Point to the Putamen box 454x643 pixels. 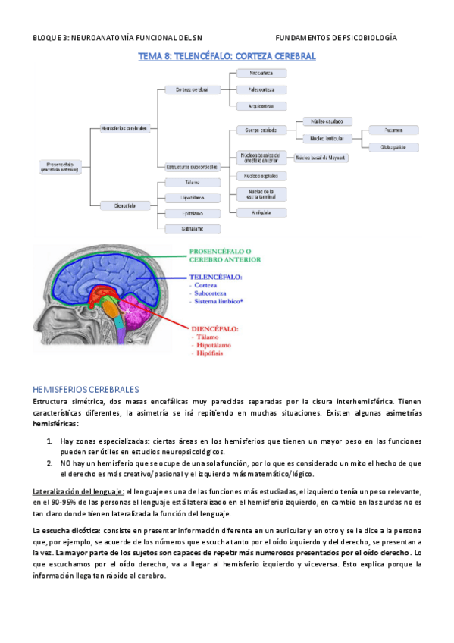[393, 130]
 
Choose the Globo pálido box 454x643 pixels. [393, 146]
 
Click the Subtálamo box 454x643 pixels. [192, 228]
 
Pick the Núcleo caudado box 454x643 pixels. [326, 121]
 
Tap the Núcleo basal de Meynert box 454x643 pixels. [321, 158]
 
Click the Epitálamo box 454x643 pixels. [192, 213]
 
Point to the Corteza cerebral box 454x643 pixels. [192, 89]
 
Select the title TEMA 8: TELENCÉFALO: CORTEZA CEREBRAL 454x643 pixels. [227, 56]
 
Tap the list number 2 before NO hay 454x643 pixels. [49, 462]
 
